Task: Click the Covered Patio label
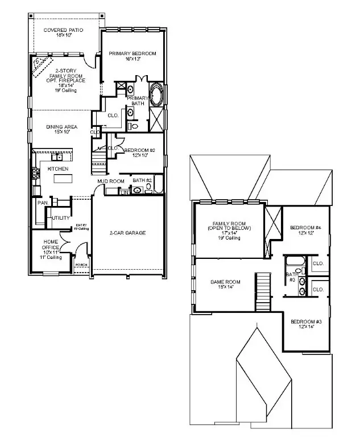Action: pos(63,32)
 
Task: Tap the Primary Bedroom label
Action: pos(132,56)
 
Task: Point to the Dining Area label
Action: pos(61,129)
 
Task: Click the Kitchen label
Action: pos(58,169)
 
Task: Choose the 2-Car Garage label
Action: pos(128,233)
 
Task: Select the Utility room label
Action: pos(60,218)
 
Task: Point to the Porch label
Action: pos(81,264)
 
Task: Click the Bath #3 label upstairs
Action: pos(291,277)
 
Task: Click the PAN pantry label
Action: pos(42,203)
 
